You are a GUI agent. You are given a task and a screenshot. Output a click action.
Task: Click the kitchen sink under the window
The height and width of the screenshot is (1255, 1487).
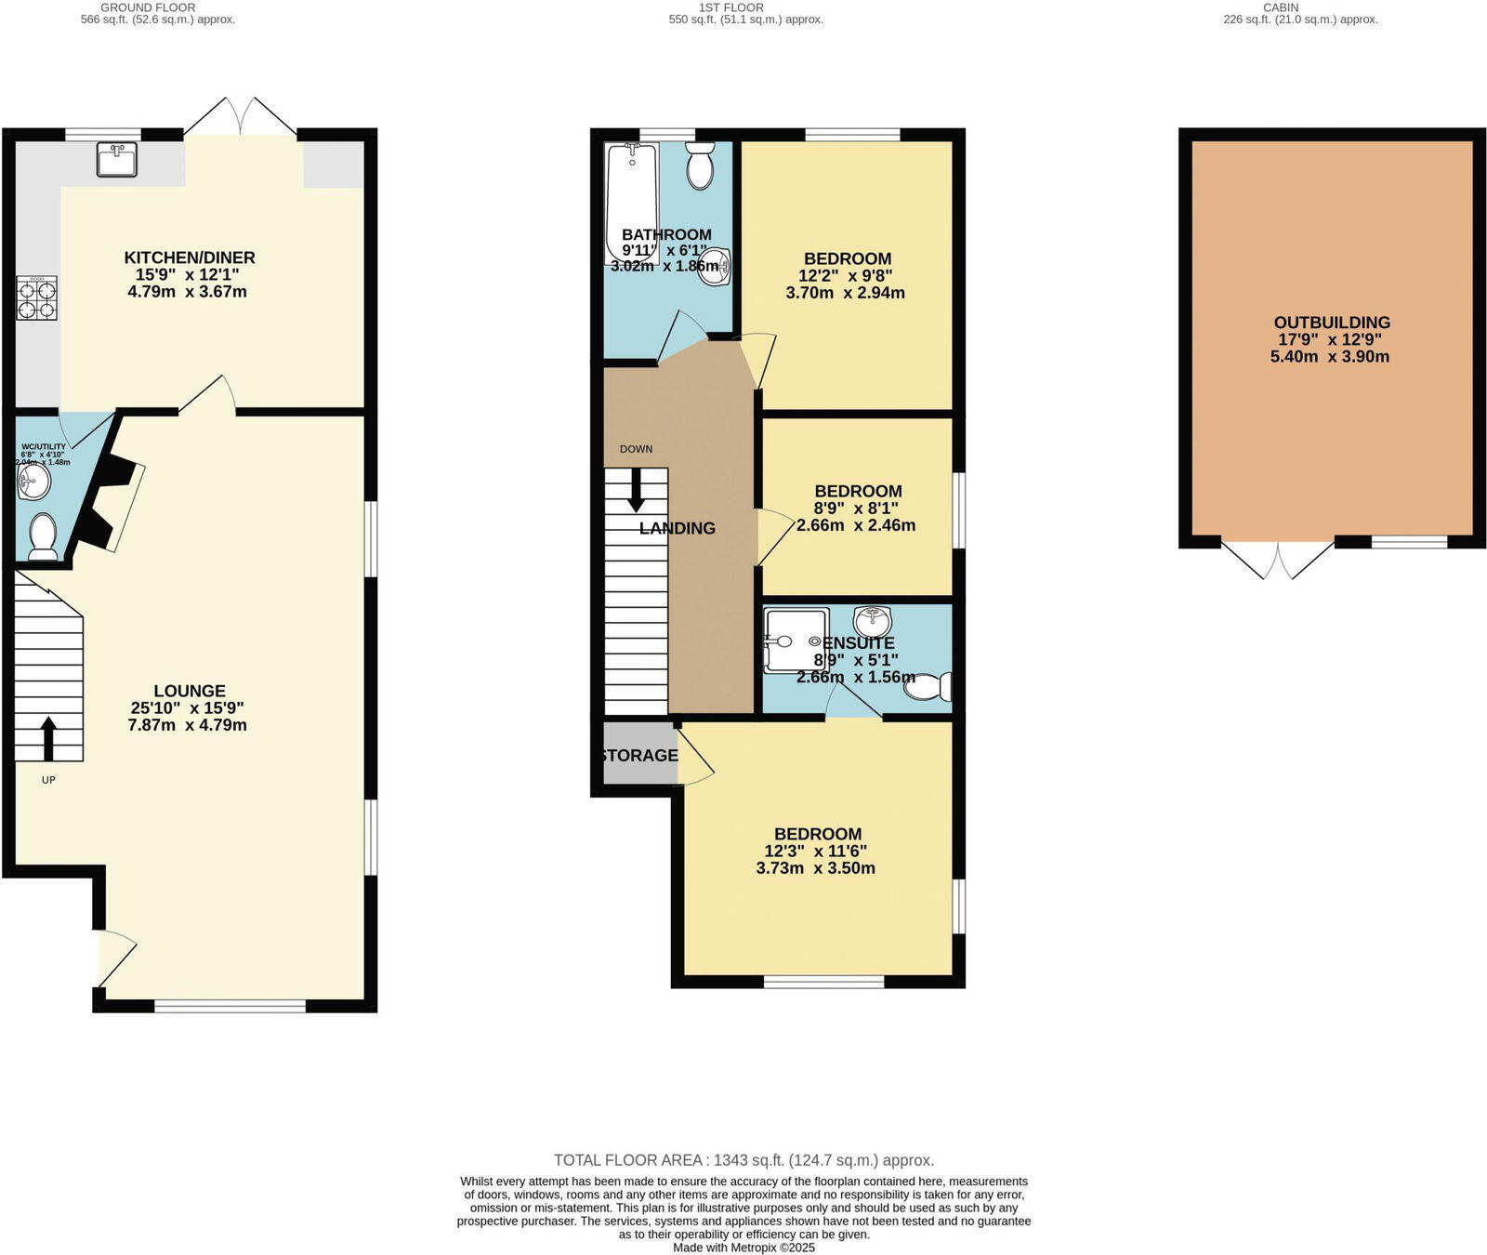(x=117, y=159)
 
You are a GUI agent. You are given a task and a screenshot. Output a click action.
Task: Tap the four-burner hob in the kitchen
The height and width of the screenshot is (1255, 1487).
(x=36, y=298)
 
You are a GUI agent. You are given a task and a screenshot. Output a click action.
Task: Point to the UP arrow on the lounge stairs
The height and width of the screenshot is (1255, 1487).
(x=48, y=739)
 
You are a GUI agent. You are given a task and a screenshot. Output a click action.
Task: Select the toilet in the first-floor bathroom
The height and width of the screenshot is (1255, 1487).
(x=699, y=166)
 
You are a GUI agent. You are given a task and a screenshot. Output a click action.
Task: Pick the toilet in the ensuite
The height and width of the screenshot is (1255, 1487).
(x=932, y=686)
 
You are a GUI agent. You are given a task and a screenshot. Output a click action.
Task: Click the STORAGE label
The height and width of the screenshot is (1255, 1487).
(x=639, y=755)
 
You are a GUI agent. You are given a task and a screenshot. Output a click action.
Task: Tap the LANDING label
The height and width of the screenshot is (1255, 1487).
(x=677, y=528)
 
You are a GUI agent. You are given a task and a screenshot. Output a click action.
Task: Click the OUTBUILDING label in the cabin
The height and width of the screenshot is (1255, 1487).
(x=1331, y=323)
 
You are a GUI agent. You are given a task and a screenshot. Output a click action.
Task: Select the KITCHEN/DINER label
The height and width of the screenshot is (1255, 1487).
(x=190, y=258)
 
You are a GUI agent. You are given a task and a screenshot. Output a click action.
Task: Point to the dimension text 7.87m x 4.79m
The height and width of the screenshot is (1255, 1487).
(x=187, y=724)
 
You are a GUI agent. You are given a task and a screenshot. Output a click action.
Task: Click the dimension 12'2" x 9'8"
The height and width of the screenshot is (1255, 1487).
(x=845, y=276)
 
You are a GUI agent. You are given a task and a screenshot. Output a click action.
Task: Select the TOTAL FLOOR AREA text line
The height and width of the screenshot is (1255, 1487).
(x=743, y=1160)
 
